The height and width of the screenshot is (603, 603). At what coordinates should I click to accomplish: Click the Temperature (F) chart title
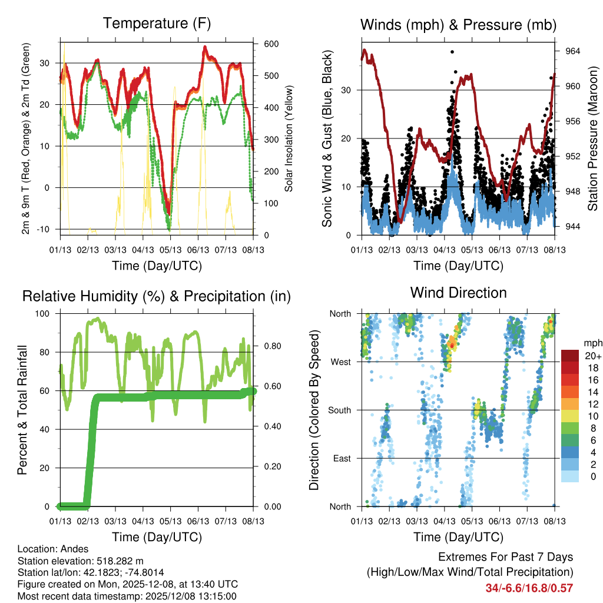(x=157, y=24)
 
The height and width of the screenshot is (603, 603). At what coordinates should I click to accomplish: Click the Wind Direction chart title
(x=458, y=292)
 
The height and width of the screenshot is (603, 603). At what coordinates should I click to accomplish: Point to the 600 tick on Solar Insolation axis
(x=271, y=44)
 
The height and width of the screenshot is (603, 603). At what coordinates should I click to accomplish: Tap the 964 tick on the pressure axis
(x=572, y=51)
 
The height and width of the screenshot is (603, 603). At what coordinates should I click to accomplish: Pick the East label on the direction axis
(x=341, y=458)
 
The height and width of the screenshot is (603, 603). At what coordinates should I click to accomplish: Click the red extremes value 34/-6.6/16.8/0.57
(x=529, y=588)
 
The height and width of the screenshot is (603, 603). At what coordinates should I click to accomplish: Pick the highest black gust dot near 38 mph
(x=452, y=52)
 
